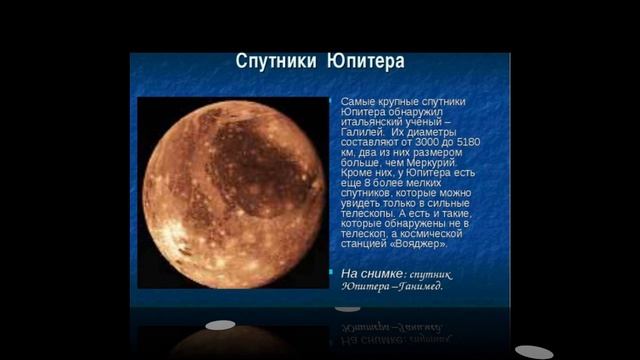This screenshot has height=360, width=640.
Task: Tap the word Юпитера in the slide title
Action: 366,62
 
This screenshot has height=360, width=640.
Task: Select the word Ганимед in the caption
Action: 421,286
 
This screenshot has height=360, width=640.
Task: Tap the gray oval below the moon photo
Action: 221,325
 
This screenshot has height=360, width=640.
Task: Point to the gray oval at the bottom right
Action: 533,351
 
